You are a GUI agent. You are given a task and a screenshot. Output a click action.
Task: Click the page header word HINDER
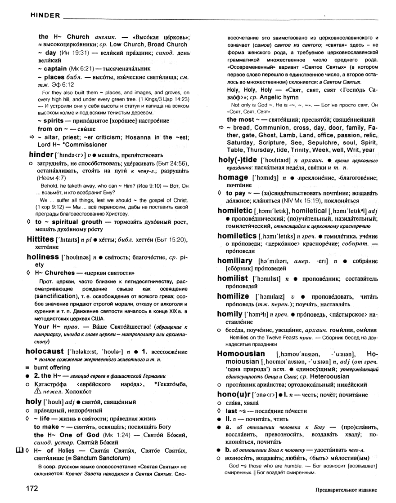[45, 16]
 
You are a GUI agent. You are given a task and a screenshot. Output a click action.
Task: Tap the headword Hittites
[40, 238]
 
